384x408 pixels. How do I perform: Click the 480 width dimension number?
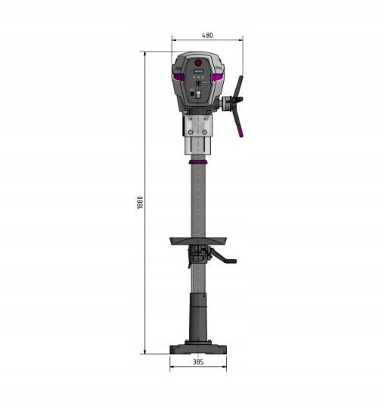point(207,35)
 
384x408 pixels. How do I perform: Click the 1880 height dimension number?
point(140,204)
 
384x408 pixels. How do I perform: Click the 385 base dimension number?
point(198,362)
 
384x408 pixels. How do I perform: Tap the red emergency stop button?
point(198,63)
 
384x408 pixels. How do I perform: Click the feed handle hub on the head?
point(228,102)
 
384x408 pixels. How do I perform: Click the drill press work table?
point(198,241)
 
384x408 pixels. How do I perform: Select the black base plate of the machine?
point(198,349)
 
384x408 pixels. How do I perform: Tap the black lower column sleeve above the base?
point(198,319)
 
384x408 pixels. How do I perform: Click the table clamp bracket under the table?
point(198,254)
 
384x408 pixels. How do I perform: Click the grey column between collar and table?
point(198,201)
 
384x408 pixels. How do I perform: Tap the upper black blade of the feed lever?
point(238,85)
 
